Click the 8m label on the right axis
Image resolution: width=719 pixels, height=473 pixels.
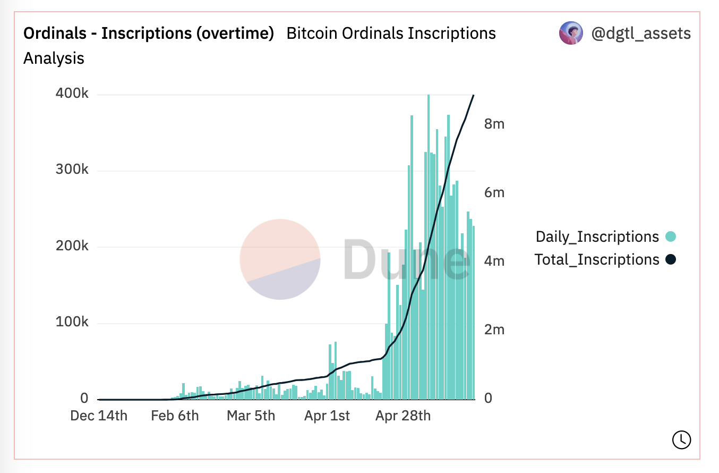494,124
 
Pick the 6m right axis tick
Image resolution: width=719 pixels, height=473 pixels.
494,192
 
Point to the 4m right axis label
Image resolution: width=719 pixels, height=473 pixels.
494,261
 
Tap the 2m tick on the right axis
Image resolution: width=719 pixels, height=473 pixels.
494,330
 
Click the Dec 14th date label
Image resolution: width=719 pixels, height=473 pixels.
99,416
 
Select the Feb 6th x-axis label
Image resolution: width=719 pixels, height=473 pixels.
175,416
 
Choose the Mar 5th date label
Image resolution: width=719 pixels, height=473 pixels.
251,416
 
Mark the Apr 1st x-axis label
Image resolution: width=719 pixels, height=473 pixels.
327,416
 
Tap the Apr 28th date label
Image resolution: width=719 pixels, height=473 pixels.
403,416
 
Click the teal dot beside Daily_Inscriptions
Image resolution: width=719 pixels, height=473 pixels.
671,236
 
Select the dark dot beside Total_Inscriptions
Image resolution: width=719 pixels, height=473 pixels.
671,260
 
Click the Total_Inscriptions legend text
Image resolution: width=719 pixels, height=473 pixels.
596,260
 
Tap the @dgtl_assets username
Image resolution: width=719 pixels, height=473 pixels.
641,33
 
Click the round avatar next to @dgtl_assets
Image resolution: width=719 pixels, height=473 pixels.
571,33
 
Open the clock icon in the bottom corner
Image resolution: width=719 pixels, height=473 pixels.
681,439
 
